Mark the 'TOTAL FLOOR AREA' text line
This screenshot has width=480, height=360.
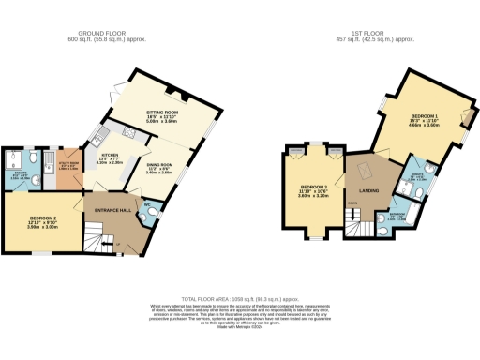coord(239,296)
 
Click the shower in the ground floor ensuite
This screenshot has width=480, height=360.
coord(12,160)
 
